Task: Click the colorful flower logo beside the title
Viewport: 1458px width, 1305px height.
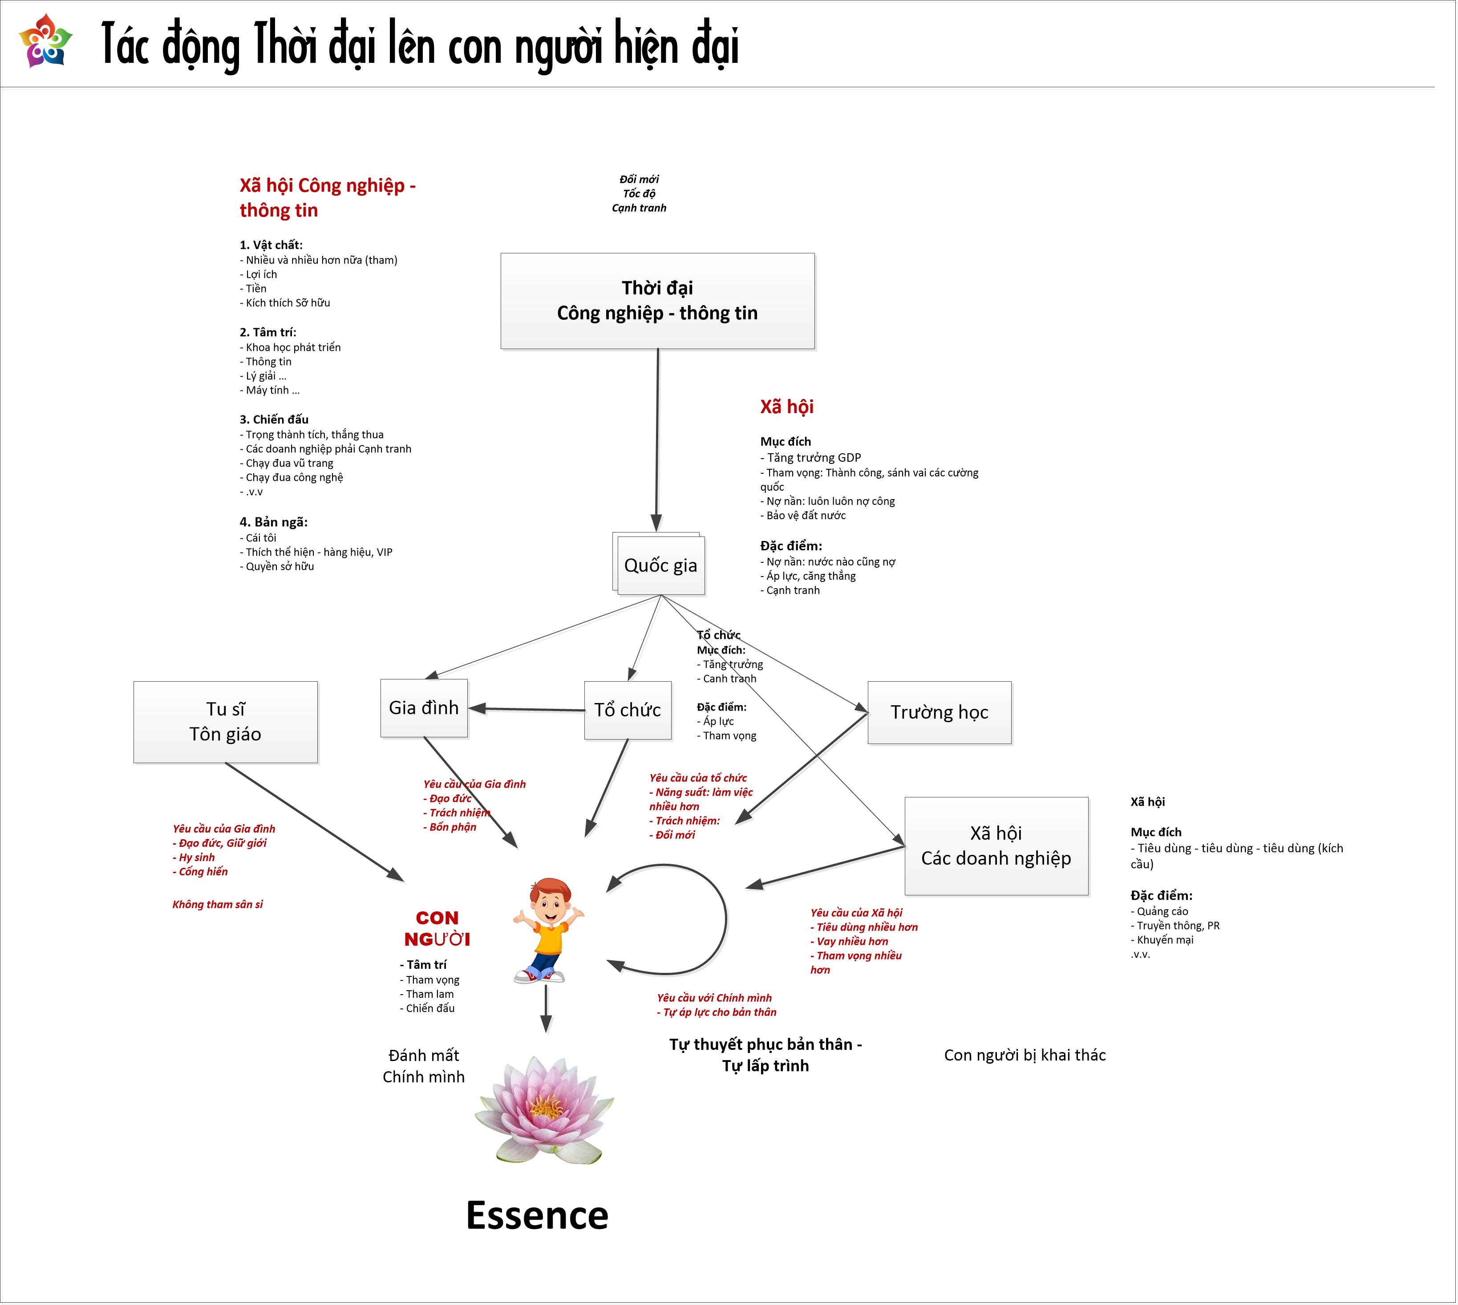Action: coord(45,41)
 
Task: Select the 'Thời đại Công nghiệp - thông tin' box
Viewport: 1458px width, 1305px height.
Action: coord(657,301)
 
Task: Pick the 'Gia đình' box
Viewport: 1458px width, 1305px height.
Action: coord(424,708)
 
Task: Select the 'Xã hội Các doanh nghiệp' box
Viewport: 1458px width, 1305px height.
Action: coord(996,846)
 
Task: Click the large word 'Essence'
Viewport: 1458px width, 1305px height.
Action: coord(537,1216)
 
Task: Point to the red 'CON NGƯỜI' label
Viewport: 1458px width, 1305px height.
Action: coord(437,929)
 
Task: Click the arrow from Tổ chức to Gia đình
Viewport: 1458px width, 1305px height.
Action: coord(527,709)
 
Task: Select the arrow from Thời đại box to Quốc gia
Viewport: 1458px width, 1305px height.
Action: coord(657,437)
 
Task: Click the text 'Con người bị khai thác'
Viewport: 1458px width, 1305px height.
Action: coord(1025,1055)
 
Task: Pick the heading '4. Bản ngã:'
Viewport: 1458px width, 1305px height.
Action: coord(274,522)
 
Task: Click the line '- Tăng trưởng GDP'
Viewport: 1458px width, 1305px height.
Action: coord(811,457)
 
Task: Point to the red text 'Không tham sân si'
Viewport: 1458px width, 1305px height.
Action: coord(217,904)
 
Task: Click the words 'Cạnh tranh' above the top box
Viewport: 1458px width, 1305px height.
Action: coord(639,208)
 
